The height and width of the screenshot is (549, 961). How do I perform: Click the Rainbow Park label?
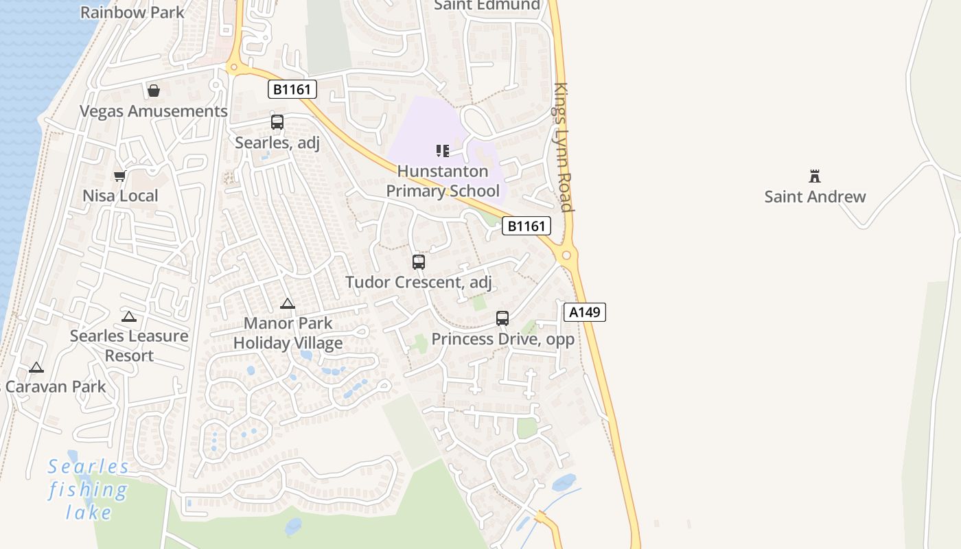132,12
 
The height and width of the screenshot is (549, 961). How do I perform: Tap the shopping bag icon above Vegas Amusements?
154,91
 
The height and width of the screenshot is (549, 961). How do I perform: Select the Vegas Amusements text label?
153,111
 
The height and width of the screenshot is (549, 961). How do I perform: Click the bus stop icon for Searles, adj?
277,122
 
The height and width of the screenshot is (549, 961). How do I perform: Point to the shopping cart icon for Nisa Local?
120,176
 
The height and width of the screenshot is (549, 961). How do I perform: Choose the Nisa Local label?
120,196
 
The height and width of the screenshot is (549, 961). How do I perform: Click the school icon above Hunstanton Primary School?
443,150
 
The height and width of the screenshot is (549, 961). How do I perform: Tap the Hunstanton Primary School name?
443,181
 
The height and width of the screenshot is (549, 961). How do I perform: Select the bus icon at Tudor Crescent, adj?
419,261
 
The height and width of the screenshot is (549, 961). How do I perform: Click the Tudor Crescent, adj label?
419,282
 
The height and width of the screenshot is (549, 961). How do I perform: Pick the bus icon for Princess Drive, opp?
502,318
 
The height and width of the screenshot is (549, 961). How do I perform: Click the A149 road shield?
585,312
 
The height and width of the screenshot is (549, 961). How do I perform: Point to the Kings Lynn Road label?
563,148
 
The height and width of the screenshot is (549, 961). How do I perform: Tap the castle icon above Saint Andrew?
815,176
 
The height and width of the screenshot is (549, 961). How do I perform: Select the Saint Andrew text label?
815,197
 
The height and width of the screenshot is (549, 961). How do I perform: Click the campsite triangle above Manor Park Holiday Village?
288,303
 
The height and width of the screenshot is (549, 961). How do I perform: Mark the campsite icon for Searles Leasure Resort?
129,316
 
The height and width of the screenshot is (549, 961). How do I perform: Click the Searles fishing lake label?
88,490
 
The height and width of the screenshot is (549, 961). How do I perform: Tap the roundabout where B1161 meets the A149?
566,256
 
